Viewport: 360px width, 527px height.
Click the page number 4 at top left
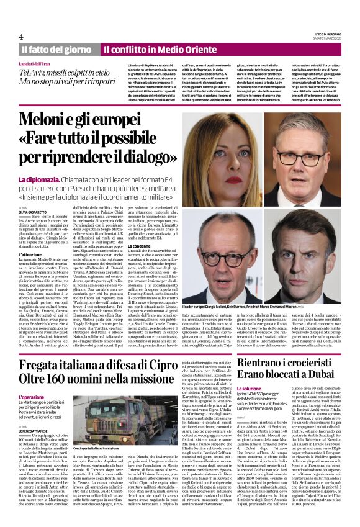(x=20, y=37)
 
